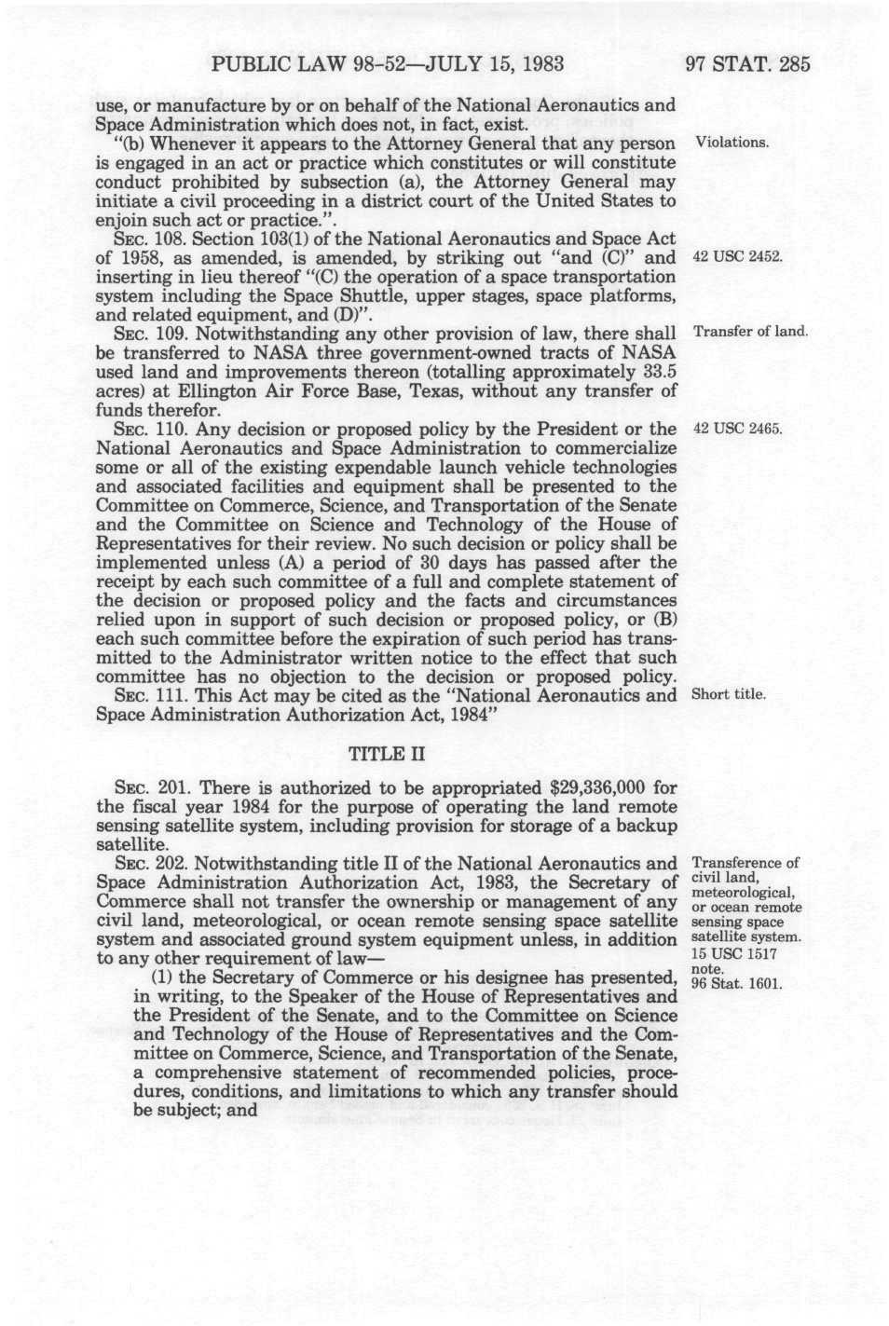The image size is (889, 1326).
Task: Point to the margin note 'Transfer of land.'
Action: [x=750, y=334]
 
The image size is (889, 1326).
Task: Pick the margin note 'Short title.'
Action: [x=729, y=695]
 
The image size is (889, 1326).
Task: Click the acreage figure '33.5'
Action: [x=658, y=373]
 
